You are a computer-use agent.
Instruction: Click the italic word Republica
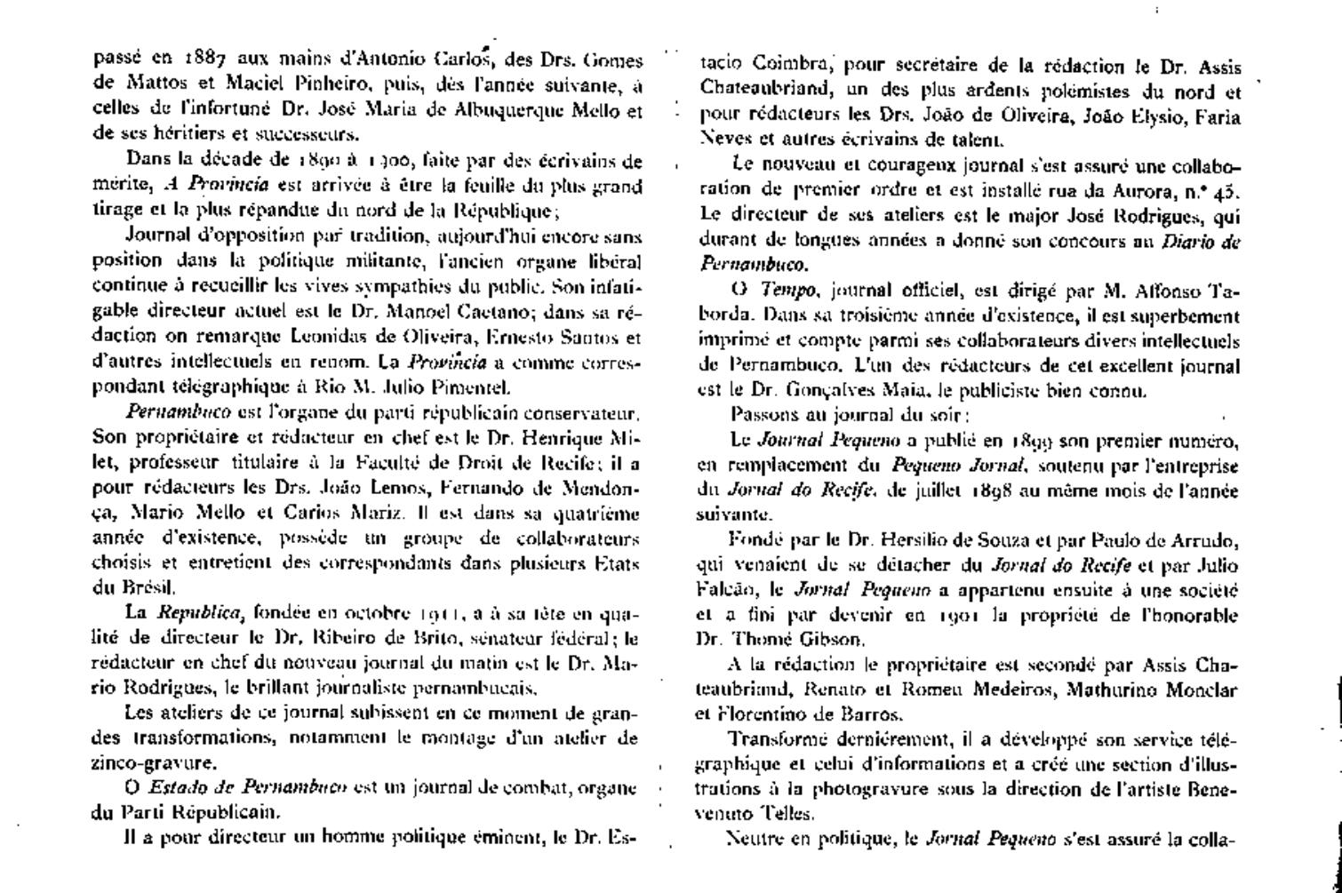tap(201, 612)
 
